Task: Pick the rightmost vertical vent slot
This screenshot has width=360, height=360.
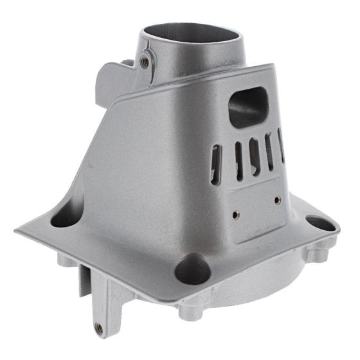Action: coord(281,145)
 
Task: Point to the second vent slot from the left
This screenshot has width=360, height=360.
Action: coord(239,157)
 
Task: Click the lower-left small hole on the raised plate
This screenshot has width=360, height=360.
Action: coord(236,214)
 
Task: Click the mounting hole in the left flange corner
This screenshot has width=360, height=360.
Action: coord(63,218)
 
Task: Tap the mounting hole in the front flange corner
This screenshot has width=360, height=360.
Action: coord(190,267)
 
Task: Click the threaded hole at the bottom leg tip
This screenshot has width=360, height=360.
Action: coord(98,328)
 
